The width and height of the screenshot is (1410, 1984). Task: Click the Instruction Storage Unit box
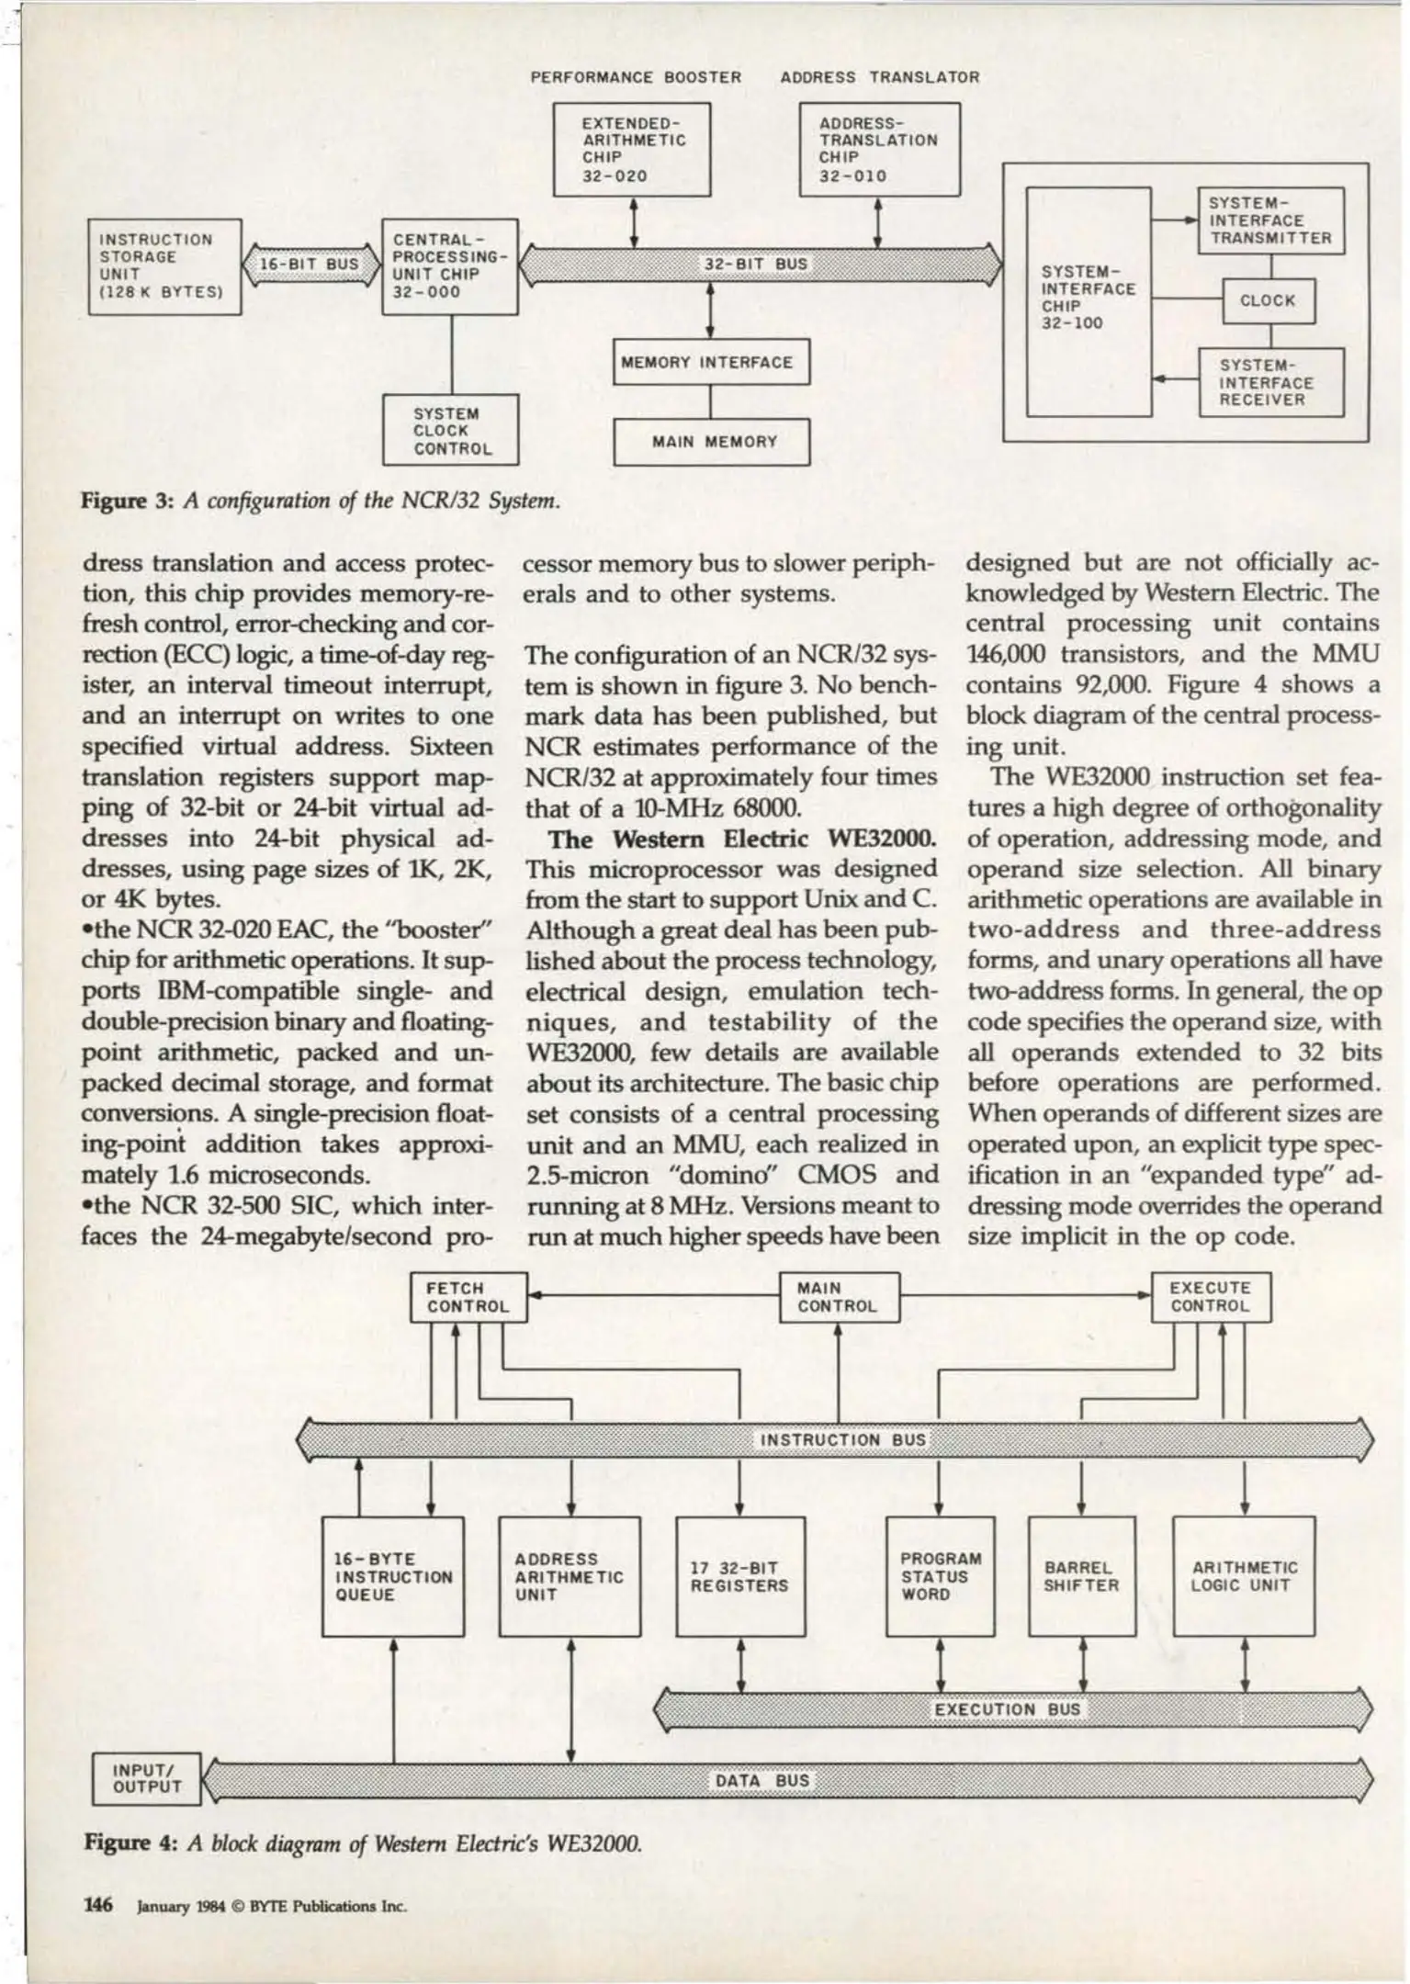(164, 266)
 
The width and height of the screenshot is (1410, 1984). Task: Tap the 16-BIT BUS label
(309, 265)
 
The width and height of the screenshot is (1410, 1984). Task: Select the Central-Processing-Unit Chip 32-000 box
(450, 266)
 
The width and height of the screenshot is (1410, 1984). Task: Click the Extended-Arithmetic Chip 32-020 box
(632, 150)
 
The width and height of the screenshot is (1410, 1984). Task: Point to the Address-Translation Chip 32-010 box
(879, 150)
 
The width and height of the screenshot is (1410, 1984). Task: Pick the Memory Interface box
(711, 362)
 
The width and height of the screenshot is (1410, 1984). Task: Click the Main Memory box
(711, 442)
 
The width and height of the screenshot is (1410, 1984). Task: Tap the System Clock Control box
(450, 431)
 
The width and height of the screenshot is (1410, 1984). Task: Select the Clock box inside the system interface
(1269, 300)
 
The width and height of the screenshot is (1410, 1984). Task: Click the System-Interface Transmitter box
(1270, 220)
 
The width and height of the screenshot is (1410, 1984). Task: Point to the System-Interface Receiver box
(1270, 382)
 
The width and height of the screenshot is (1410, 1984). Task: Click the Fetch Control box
(468, 1297)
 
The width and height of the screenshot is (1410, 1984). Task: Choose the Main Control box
(839, 1297)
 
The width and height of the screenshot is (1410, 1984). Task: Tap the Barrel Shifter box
(1081, 1576)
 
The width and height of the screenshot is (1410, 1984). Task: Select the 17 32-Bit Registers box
(740, 1576)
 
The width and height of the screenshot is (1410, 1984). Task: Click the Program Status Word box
(940, 1576)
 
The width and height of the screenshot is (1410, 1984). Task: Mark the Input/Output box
(147, 1778)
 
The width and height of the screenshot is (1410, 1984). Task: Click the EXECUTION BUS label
(1008, 1709)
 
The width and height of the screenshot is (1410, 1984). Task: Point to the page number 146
(98, 1904)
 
